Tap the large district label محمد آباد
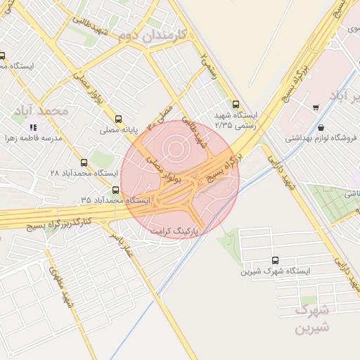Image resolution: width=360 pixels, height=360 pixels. click(x=44, y=111)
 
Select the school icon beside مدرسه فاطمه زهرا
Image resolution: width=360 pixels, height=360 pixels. click(x=33, y=128)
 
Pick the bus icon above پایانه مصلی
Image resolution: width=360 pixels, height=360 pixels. click(x=117, y=119)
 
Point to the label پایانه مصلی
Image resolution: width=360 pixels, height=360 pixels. click(x=117, y=130)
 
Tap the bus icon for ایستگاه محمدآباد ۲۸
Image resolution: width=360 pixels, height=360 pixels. click(x=84, y=162)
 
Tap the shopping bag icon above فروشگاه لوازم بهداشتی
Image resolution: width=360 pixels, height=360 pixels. click(x=321, y=128)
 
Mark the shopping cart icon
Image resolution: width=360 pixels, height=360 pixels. click(x=316, y=108)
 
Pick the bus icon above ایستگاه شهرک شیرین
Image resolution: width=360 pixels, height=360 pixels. click(x=274, y=259)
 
